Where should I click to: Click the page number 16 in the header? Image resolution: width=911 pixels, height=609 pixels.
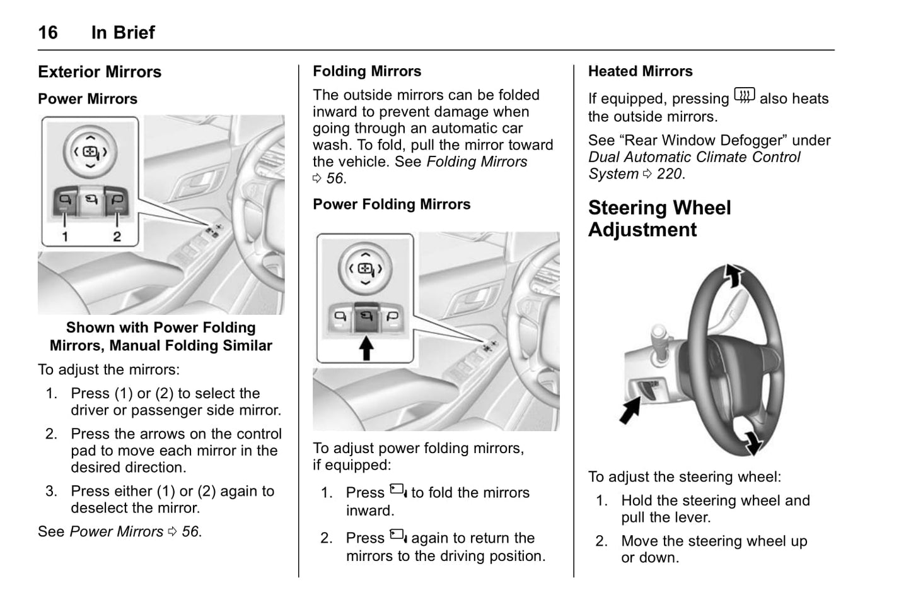point(48,32)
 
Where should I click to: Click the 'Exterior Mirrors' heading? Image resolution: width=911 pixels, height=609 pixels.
point(100,72)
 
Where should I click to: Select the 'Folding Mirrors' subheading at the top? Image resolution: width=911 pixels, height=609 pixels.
point(367,71)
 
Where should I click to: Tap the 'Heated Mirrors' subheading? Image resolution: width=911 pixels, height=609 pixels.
point(640,71)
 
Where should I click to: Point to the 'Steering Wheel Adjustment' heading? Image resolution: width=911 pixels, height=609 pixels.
point(659,218)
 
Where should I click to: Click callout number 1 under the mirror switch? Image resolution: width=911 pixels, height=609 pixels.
point(65,237)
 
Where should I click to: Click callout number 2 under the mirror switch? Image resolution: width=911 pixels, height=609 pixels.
point(117,237)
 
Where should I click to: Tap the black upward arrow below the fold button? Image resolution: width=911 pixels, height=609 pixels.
point(366,348)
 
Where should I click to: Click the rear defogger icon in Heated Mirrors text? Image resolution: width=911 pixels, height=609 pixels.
point(744,97)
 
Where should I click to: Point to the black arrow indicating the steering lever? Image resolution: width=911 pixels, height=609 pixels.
point(630,410)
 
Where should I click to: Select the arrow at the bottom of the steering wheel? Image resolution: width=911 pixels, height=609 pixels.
point(751,442)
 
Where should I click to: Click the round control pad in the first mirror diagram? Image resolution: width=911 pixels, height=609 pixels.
point(90,152)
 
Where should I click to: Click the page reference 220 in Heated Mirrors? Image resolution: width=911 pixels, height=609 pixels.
point(669,174)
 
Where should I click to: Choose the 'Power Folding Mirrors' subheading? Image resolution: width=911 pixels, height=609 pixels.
point(392,204)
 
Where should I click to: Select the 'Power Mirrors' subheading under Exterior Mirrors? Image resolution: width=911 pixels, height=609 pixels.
point(88,99)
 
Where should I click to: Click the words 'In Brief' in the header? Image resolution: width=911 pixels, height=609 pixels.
point(123,32)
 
